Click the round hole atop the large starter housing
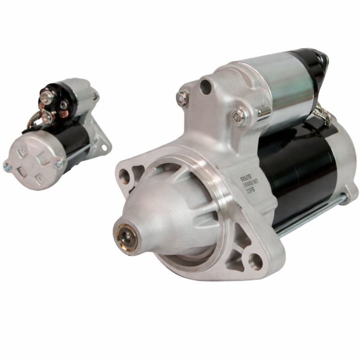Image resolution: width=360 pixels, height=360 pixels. point(205,86)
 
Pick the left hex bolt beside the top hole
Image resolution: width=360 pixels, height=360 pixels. point(182,98)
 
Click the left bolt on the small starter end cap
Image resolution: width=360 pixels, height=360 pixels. point(7,165)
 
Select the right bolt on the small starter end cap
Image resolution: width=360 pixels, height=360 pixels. point(58,163)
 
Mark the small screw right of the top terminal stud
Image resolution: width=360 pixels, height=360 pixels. point(64,104)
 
